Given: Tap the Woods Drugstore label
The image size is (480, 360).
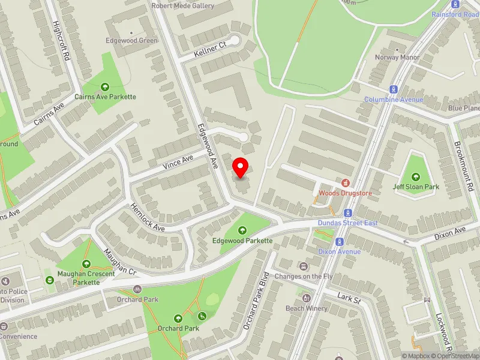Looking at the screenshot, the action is pyautogui.click(x=345, y=193).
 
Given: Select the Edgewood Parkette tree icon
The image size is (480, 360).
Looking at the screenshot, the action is pyautogui.click(x=242, y=230).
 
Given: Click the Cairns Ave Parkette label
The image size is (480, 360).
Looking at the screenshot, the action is pyautogui.click(x=106, y=97).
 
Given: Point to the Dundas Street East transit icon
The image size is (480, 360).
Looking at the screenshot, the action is pyautogui.click(x=347, y=213).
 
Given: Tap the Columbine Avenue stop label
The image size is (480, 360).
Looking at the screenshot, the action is pyautogui.click(x=394, y=99).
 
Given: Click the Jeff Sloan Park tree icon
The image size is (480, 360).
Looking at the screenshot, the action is pyautogui.click(x=416, y=176).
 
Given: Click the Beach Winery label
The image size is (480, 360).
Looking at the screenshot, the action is pyautogui.click(x=307, y=308).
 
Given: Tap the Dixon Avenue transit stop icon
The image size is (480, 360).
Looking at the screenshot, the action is pyautogui.click(x=340, y=241).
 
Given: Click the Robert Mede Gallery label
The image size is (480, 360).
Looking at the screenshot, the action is pyautogui.click(x=182, y=5).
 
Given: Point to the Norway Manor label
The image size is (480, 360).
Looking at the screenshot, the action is pyautogui.click(x=397, y=58).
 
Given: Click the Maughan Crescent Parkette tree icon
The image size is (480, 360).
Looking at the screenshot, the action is pyautogui.click(x=86, y=263).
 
